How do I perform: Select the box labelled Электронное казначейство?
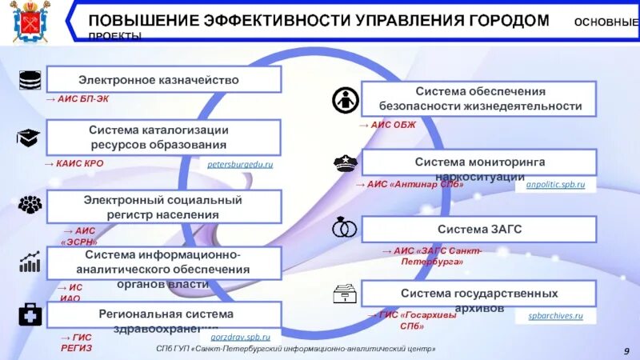(164, 80)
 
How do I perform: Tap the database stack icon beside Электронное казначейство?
(30, 80)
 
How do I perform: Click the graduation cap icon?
(30, 138)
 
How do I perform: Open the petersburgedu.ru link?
(240, 164)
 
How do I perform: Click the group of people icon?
(30, 204)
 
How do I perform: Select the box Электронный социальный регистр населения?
(164, 206)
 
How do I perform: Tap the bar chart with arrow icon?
(30, 262)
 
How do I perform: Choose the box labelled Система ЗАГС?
(479, 230)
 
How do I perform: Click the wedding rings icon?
(345, 229)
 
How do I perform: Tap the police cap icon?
(345, 163)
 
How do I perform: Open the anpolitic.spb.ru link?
(556, 185)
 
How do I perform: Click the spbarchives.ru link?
(556, 316)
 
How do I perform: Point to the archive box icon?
(345, 294)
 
